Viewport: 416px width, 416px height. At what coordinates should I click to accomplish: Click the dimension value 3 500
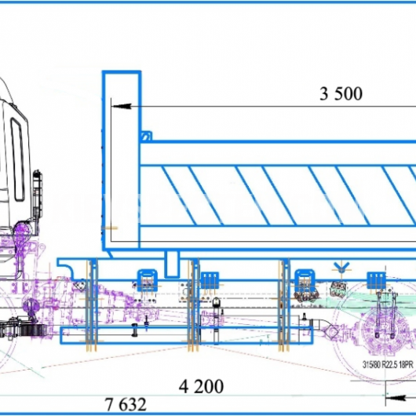click(341, 93)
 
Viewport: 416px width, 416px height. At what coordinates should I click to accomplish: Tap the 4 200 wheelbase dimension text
click(201, 386)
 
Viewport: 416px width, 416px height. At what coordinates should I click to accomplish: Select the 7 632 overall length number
click(126, 404)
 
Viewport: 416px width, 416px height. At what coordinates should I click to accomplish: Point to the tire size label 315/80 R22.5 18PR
click(388, 365)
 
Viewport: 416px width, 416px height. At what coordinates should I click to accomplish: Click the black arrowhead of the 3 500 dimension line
click(122, 106)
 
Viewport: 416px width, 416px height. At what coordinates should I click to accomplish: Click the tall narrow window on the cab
click(18, 159)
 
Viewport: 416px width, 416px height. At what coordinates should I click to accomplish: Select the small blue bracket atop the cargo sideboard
click(146, 136)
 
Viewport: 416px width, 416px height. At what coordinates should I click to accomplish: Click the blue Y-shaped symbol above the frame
click(341, 266)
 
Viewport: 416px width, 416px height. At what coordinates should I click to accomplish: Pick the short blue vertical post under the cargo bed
click(172, 265)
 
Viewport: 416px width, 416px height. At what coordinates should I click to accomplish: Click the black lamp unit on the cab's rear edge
click(37, 190)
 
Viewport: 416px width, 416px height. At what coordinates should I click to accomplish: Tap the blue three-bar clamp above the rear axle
click(377, 280)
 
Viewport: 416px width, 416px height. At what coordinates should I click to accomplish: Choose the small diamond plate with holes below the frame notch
click(79, 286)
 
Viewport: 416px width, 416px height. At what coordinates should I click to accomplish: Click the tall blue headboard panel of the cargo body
click(122, 160)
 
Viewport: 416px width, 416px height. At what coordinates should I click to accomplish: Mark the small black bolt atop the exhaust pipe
click(305, 316)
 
